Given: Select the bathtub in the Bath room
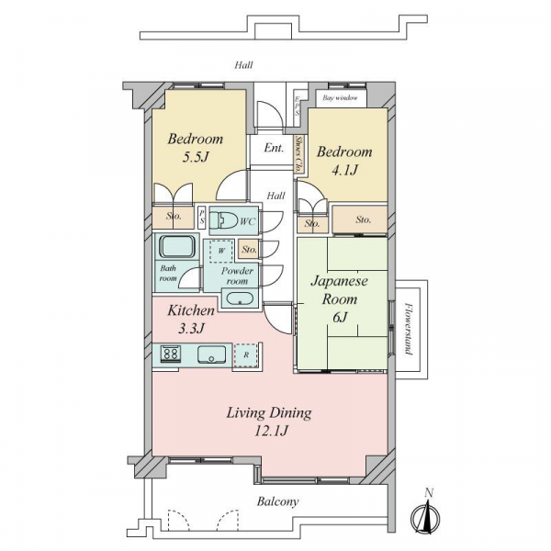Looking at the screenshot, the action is pos(177,246).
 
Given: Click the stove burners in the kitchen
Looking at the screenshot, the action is pos(171,354).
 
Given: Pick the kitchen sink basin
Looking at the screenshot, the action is pos(211,354).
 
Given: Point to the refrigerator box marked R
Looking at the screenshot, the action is pos(245,355).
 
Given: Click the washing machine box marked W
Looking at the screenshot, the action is pos(221,251).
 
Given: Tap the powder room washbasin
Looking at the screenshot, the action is pos(240,298).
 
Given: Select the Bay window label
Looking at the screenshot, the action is pos(340,98).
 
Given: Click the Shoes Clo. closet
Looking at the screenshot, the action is pos(298,153).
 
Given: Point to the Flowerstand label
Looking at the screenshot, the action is pos(408,329).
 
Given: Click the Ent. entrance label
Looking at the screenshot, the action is pos(274,148).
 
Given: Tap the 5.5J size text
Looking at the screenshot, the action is pos(196,157).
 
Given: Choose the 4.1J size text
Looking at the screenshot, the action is pos(344,171).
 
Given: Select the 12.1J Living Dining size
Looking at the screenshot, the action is pos(271,431).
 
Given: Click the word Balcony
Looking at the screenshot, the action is pos(277,501).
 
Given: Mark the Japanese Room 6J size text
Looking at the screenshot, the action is pos(340,318).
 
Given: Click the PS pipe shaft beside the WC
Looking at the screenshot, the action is pos(202,218).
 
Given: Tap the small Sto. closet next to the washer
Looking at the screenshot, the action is pos(249,250).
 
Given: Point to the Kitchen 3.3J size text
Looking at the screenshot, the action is pos(191,329).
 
